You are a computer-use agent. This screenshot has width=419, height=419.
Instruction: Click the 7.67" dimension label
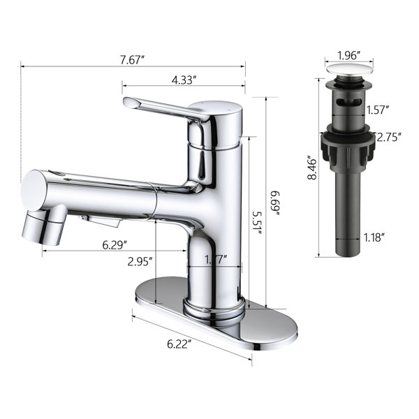132,59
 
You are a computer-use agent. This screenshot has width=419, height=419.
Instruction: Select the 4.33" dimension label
184,80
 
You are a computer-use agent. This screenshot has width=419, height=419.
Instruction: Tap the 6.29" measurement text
115,245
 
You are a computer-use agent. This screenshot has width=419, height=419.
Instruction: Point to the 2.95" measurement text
140,262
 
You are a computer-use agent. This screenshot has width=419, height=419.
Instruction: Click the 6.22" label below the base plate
179,344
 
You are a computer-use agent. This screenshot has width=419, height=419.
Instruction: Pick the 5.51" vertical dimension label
257,223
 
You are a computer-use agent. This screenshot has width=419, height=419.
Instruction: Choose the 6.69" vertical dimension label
274,203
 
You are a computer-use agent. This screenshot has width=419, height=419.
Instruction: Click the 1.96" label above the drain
349,56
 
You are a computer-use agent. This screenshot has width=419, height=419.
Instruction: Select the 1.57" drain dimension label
377,110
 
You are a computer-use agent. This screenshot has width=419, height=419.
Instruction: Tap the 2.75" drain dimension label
389,138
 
